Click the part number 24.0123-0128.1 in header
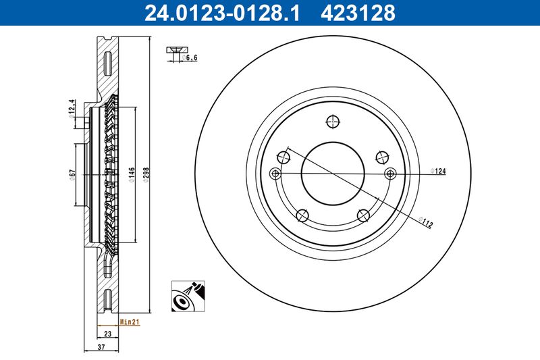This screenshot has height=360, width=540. click(222, 13)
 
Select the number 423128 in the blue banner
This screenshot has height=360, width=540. click(358, 13)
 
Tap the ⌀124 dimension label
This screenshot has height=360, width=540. click(438, 171)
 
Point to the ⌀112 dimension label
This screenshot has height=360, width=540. click(426, 222)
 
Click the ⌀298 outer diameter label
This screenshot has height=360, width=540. click(146, 175)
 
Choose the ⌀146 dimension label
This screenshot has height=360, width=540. click(132, 175)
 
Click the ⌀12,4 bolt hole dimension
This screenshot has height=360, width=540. click(72, 109)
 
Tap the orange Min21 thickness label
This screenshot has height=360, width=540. click(130, 322)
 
